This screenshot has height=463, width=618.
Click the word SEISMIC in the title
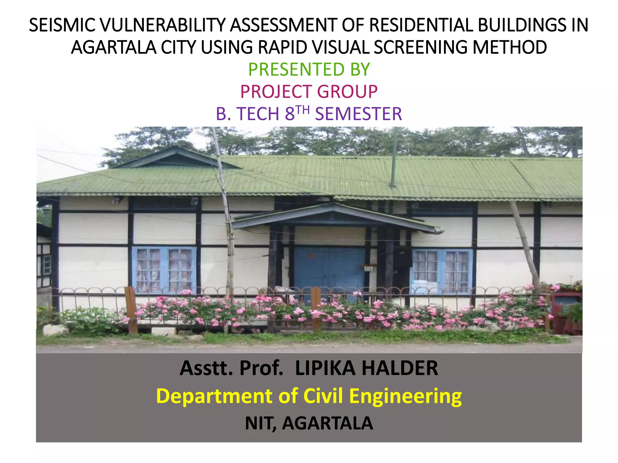62,25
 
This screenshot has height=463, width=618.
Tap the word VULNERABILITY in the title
162,25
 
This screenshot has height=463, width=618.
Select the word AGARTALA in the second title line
113,47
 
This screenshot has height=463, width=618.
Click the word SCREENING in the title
421,47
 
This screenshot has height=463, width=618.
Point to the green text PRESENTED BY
309,69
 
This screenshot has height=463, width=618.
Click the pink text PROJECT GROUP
309,92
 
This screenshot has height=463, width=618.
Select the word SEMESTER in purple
358,114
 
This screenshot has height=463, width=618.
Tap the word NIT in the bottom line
260,423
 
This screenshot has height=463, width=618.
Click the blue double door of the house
329,271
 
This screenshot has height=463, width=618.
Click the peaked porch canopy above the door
335,216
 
